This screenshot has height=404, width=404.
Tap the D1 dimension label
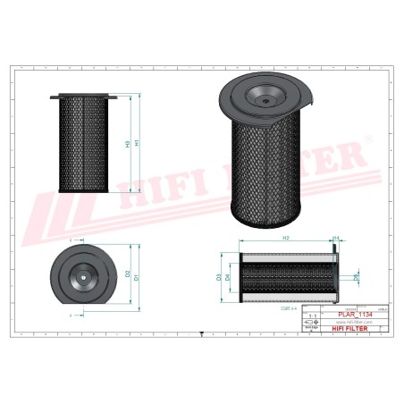(137, 278)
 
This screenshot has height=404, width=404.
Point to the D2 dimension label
(128, 273)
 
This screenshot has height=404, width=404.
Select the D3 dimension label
(219, 278)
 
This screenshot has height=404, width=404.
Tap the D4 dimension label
(227, 278)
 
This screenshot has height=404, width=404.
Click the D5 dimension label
(356, 278)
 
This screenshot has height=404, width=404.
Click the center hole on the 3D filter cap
(265, 100)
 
